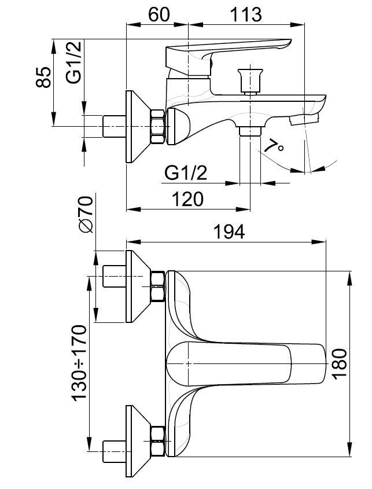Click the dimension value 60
(x=159, y=14)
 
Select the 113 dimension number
(x=246, y=14)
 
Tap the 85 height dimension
(x=43, y=78)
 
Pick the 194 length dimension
(x=229, y=231)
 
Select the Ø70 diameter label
(x=86, y=214)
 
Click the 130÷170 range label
(x=79, y=363)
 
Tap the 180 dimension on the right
(x=339, y=364)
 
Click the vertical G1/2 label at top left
(x=73, y=62)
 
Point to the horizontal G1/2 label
(x=186, y=174)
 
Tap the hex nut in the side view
(x=157, y=126)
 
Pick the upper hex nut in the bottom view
(x=157, y=286)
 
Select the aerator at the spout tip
(x=304, y=119)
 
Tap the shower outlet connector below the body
(x=250, y=131)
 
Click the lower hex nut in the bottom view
(x=157, y=441)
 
